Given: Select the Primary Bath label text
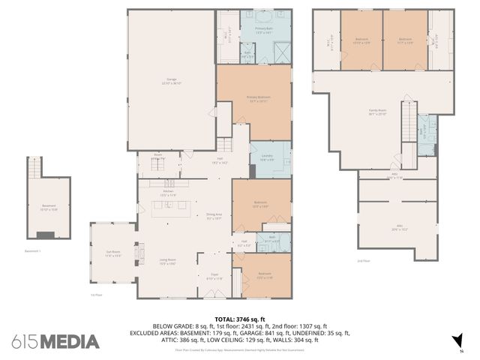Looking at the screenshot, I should pos(263,31).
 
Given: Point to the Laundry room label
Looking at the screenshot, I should pos(267,158).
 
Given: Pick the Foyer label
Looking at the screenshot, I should pos(214,277).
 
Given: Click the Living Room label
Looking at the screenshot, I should pos(166,262).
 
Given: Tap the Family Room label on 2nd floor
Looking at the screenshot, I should pos(376,112).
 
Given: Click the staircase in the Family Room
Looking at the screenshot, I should pos(408,120).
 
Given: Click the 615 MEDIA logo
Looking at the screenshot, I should pos(55,341).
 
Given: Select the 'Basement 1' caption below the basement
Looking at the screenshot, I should pos(32,251).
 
